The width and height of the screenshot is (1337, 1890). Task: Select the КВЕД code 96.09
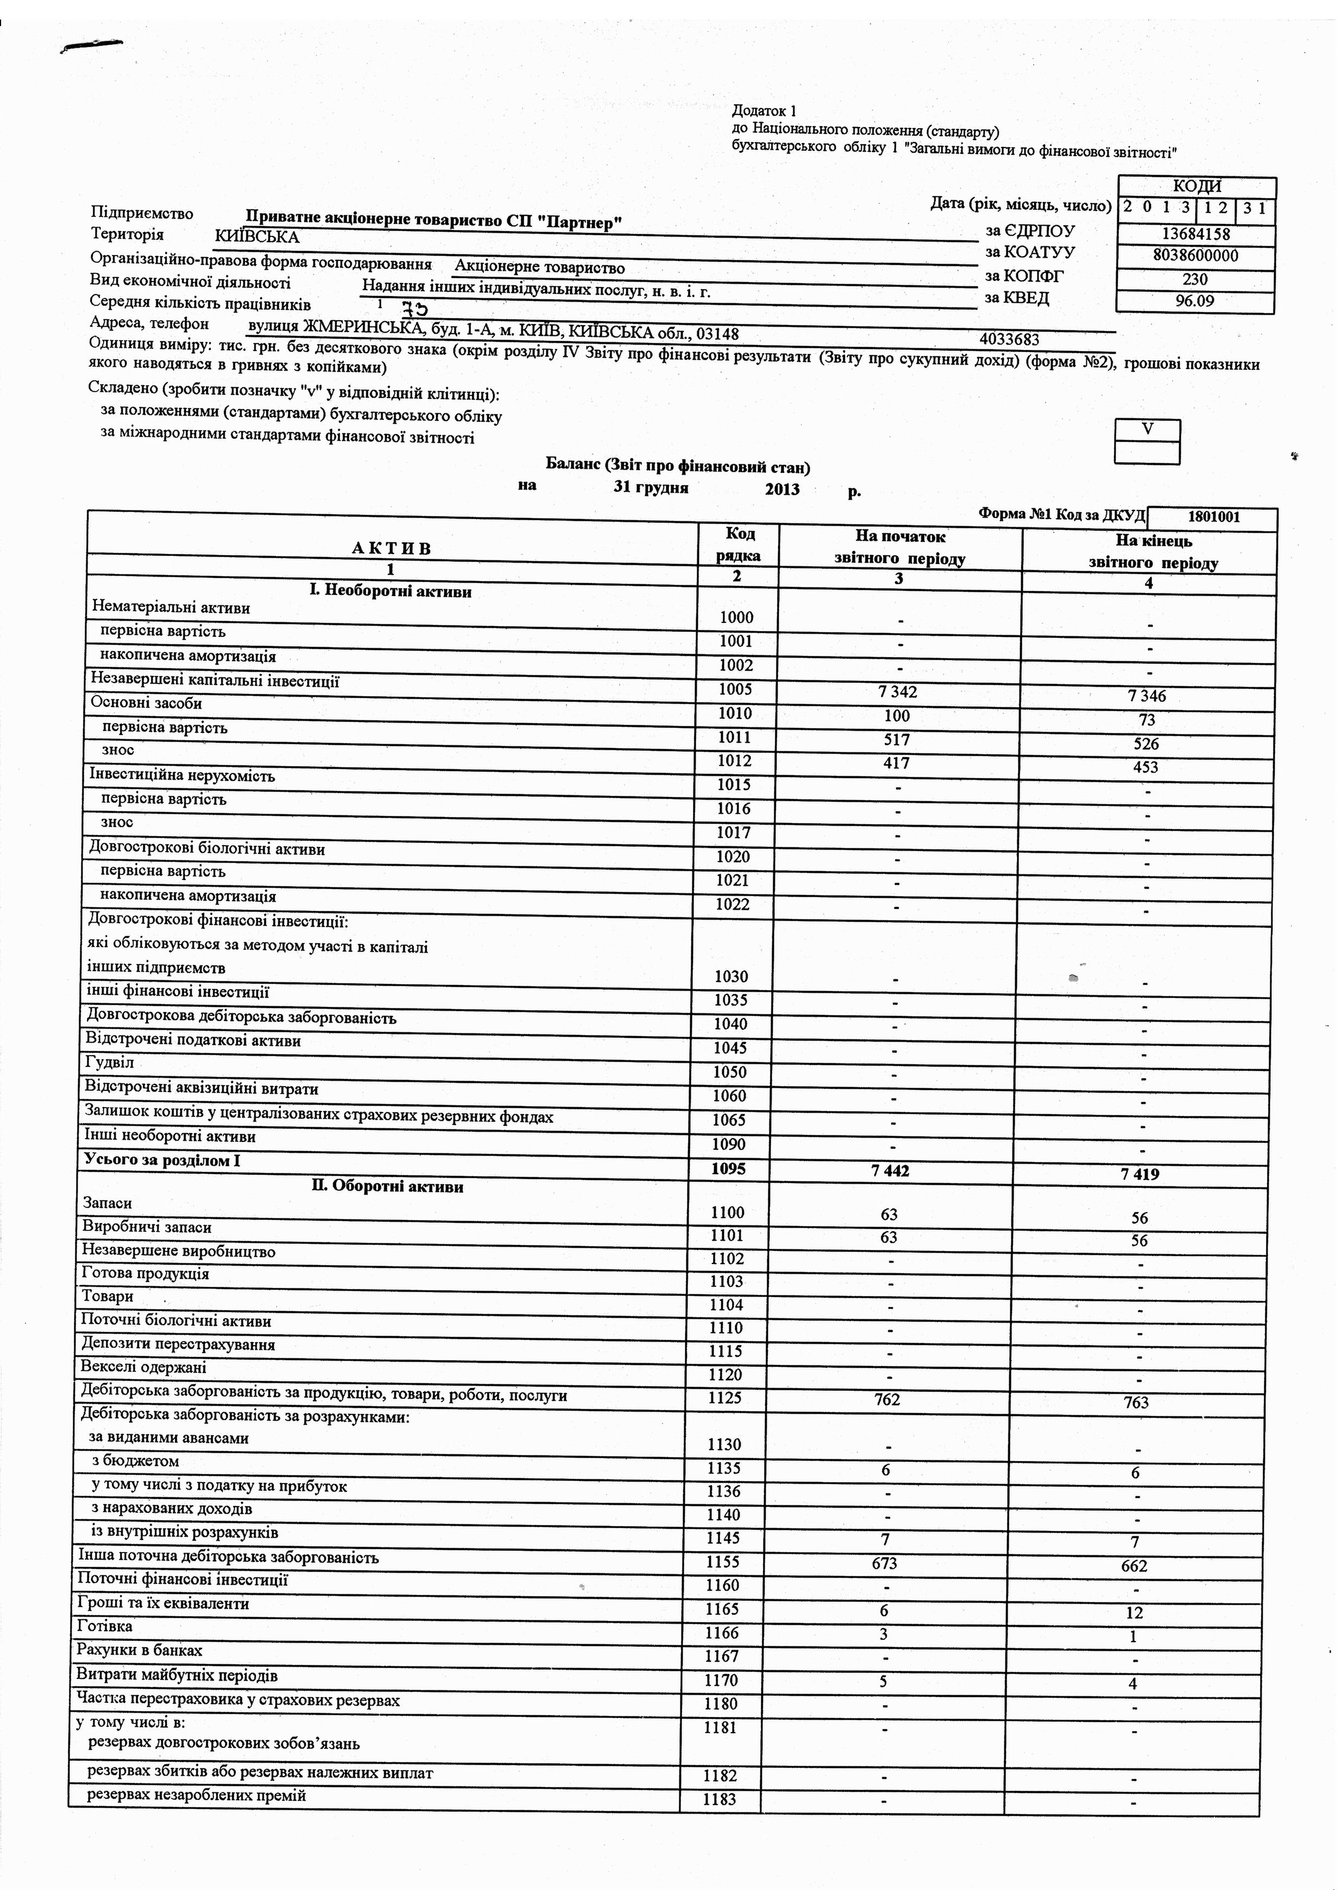click(1195, 301)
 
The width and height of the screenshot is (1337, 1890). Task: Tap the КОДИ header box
click(1196, 187)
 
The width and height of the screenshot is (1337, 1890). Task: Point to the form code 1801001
click(1213, 518)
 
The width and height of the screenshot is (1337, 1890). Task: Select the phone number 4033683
click(1009, 339)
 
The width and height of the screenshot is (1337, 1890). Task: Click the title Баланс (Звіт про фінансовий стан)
click(678, 467)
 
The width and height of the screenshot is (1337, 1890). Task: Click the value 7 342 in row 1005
click(897, 692)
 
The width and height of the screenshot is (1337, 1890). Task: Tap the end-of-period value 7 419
click(1140, 1174)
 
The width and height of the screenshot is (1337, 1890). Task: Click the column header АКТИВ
click(391, 548)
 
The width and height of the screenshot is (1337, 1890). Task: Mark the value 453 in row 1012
click(1145, 767)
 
